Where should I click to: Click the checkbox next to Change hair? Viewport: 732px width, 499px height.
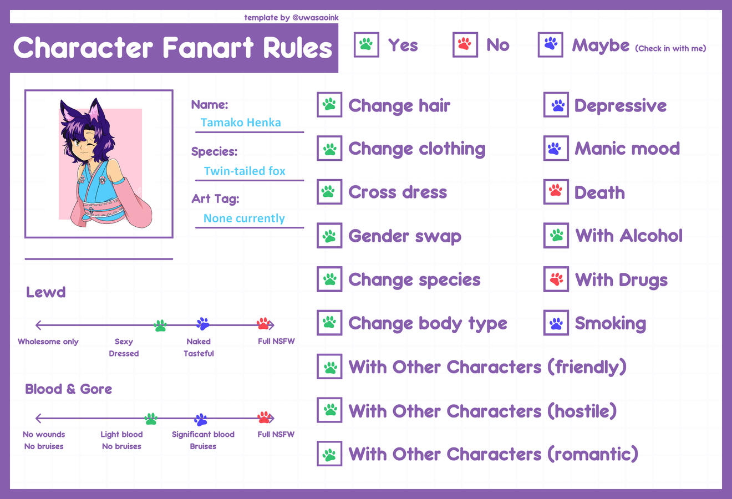click(329, 105)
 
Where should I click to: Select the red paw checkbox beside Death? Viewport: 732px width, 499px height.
click(556, 192)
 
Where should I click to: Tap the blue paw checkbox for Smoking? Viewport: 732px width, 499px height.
click(556, 323)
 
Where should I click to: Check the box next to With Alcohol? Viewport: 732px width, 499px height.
click(556, 236)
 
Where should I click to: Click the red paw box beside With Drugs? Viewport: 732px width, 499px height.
click(556, 279)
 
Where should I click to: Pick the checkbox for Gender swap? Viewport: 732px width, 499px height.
click(329, 236)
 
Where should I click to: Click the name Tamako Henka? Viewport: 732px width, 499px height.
click(241, 123)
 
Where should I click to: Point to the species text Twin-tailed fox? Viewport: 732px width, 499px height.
click(245, 171)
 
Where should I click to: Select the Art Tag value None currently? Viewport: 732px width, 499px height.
click(244, 218)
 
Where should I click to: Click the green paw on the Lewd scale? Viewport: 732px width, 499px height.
click(160, 325)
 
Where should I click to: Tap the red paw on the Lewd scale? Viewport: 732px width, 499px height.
click(264, 324)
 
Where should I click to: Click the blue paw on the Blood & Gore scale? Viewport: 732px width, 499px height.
click(201, 419)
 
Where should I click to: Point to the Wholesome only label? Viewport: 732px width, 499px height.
click(48, 342)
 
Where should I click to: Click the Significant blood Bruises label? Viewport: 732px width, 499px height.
click(203, 440)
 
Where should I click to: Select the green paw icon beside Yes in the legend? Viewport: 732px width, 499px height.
click(366, 45)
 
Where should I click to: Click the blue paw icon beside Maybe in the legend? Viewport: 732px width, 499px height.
click(550, 45)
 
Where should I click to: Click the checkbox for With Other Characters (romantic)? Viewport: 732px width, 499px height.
click(329, 454)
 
